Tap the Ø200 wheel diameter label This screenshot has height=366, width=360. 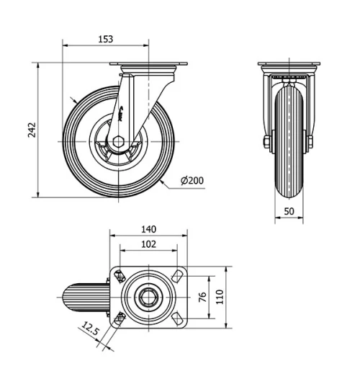[x=192, y=179]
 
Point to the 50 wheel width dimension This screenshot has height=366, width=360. [x=288, y=210]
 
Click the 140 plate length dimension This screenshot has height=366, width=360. [x=148, y=229]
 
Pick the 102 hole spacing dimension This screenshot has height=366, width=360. [x=148, y=244]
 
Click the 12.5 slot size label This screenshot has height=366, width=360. [x=90, y=330]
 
